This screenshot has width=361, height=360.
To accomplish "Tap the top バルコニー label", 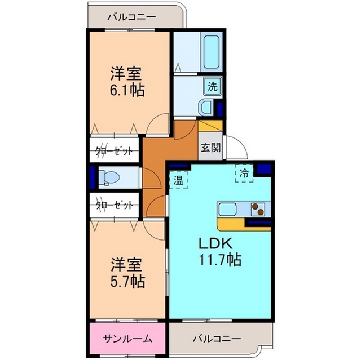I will pos(131,17).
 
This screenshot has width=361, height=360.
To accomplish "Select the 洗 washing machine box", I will pos(213,87).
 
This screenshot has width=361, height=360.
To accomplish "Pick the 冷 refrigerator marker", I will pos(244,173).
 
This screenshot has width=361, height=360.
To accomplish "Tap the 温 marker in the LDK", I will pos(178,181).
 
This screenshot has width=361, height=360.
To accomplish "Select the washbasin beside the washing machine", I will pos(206,106).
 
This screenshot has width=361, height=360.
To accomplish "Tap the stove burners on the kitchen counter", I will pos(259,209).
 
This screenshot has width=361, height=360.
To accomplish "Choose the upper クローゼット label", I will pos(114,150).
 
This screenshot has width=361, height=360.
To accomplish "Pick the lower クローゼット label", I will pos(114,205).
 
